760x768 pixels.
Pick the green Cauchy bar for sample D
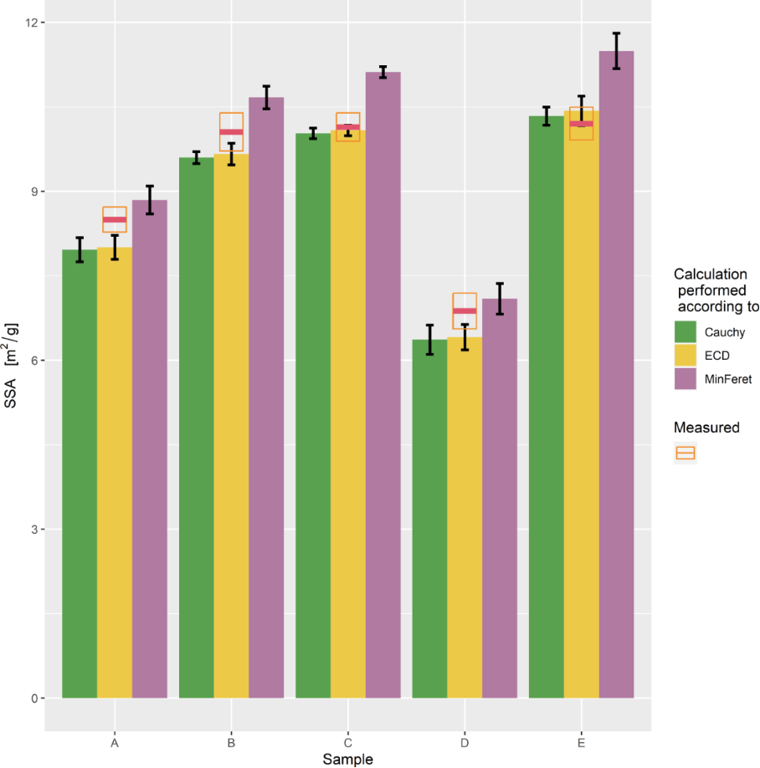point(429,519)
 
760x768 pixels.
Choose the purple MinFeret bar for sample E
point(616,376)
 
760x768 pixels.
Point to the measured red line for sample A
point(115,219)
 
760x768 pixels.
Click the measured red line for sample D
point(465,311)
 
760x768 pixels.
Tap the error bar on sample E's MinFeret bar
point(616,51)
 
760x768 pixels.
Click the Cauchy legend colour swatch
point(686,332)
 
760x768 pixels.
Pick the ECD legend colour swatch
point(686,356)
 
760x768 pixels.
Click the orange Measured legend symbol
point(686,453)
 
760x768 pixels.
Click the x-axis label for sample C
point(347,743)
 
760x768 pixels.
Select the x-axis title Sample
point(347,759)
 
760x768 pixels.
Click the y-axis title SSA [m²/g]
point(11,360)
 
